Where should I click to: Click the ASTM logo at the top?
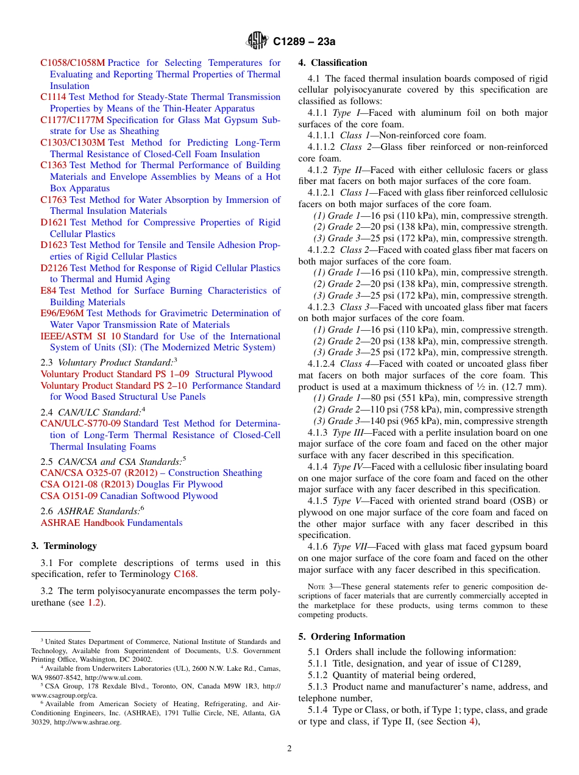[257, 41]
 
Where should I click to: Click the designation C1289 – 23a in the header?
[304, 42]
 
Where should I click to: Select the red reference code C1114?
[53, 97]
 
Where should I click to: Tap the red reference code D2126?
[54, 268]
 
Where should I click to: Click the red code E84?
[48, 291]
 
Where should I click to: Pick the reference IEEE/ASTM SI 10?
[80, 336]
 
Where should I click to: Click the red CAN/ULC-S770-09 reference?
[80, 423]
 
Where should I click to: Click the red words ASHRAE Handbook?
[82, 523]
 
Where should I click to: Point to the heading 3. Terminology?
[64, 546]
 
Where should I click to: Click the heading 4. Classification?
[333, 63]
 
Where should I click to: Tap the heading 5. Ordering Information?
[352, 637]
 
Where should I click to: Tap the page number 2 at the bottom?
[289, 749]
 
